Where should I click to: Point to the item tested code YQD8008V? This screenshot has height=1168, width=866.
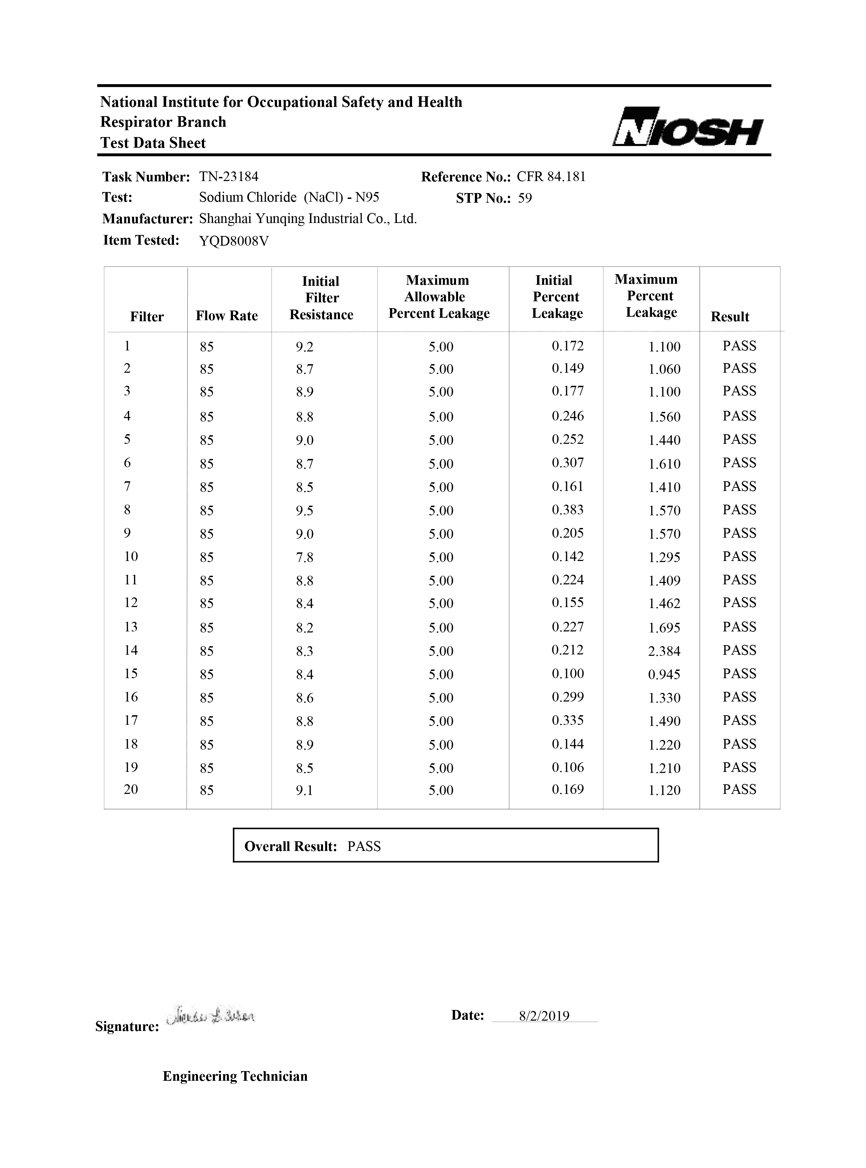click(x=234, y=241)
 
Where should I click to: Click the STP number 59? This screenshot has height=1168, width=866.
click(x=525, y=198)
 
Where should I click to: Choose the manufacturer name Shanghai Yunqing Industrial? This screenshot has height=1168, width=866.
click(x=308, y=218)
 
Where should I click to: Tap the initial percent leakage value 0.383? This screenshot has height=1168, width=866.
click(x=568, y=510)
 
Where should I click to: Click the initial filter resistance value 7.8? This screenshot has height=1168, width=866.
click(x=304, y=557)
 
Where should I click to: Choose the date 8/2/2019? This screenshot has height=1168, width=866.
click(x=544, y=1016)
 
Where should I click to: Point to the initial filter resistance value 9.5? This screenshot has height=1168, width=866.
click(x=304, y=510)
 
